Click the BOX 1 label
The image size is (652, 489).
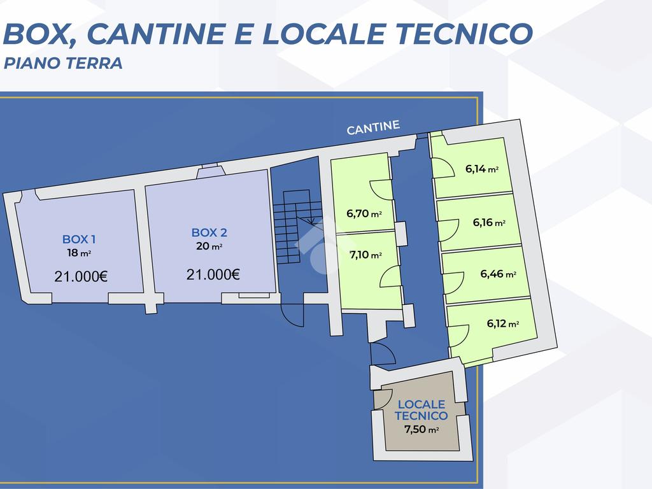(79, 239)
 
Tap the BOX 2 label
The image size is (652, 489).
(209, 233)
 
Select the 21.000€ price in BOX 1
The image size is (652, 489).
(81, 276)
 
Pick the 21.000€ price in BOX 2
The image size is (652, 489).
(213, 274)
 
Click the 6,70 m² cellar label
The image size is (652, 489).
(364, 214)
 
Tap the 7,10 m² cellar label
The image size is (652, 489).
(365, 255)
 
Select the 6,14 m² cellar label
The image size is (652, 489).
(481, 169)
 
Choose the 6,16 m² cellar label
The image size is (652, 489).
(489, 223)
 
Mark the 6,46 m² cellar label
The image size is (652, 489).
(498, 274)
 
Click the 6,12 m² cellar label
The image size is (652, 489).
(503, 323)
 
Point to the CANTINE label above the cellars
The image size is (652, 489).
(373, 128)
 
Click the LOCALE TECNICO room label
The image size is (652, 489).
(421, 410)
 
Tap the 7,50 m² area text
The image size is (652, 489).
(422, 429)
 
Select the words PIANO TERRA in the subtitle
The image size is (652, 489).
(63, 64)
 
